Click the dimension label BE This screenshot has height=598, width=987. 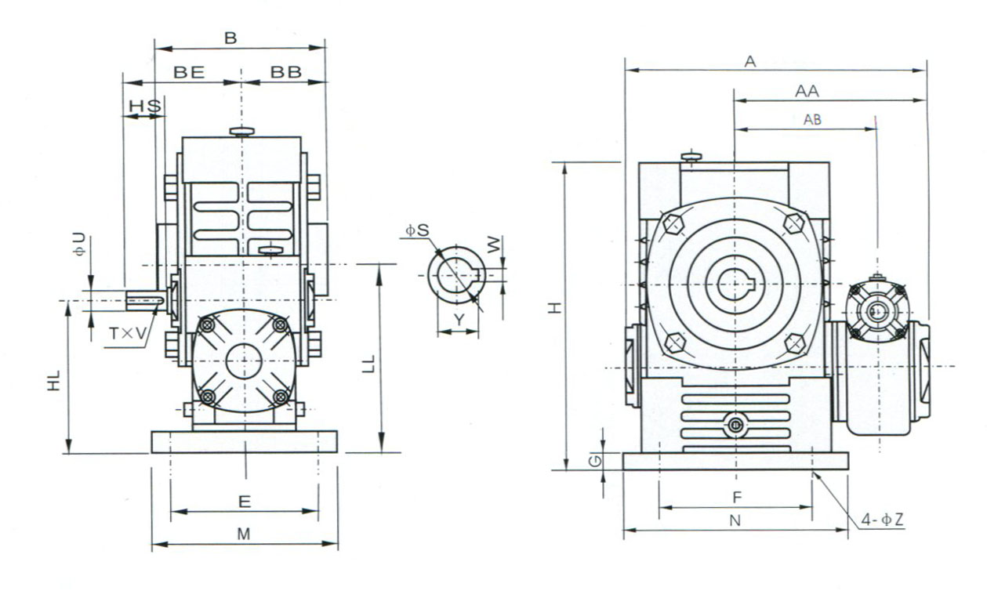coord(189,72)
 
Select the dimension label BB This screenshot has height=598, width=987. coord(285,72)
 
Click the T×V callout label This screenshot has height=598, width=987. coord(127,334)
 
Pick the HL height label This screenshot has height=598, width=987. coord(54,382)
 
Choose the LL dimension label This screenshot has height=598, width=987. coord(370,363)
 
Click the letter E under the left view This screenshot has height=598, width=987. coord(244,501)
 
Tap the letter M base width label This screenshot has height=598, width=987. coord(244,534)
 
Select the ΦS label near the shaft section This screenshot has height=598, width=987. coord(417,230)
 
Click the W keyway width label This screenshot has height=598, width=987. coord(492,245)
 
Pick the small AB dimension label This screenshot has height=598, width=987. coord(813,120)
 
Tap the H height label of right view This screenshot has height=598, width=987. coord(554,308)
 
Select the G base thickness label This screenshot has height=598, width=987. coord(597,460)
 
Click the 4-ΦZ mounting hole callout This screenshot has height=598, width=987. coord(882,520)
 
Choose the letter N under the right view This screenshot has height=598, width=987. coord(735,520)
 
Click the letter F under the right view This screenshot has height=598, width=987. coord(736,497)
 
